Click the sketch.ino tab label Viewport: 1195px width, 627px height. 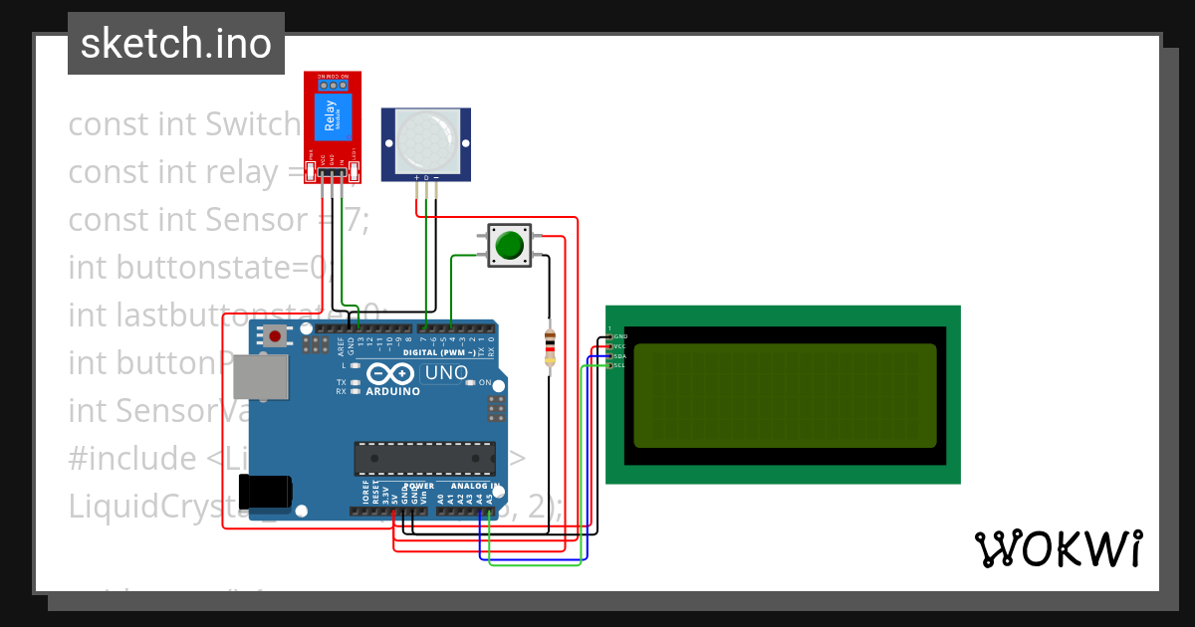tap(175, 44)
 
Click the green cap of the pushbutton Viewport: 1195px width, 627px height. tap(510, 245)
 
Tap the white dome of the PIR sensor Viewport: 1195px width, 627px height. tap(428, 140)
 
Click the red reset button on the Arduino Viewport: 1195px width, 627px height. tap(275, 335)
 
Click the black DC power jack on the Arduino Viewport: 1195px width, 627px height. tap(266, 491)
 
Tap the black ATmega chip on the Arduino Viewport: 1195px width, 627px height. tap(424, 458)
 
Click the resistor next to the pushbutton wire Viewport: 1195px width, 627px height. tap(549, 346)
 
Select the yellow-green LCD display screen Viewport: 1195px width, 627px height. tap(785, 395)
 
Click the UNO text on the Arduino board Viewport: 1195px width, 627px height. tap(446, 373)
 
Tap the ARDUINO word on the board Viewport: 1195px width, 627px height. tap(392, 391)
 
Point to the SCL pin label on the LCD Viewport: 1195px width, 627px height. tap(618, 365)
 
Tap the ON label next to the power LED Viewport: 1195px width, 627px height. tap(484, 383)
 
